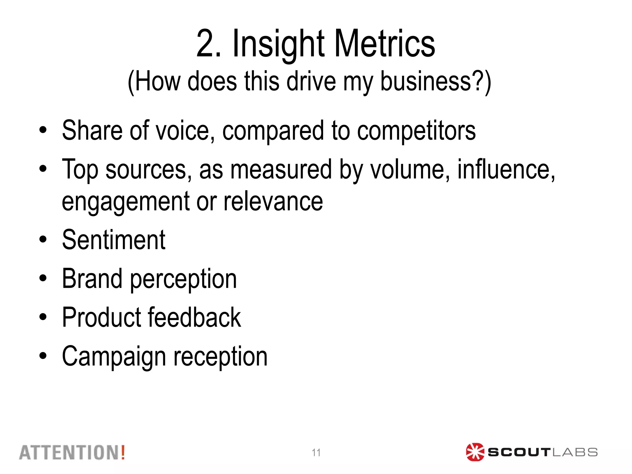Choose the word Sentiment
coord(114,240)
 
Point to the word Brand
coord(92,279)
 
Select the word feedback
coord(194,318)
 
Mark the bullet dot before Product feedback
coord(43,317)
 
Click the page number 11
coord(316,453)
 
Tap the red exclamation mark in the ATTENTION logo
coord(123,452)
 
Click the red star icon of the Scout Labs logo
coord(475,452)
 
